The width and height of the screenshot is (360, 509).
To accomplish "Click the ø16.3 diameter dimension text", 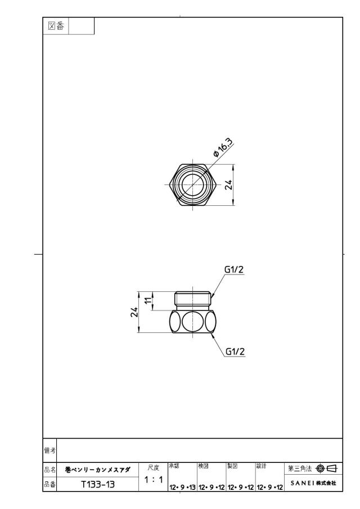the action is [223, 147].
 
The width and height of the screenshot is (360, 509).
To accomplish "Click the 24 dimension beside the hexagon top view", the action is [229, 185].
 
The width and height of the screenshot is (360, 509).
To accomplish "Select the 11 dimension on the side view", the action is [148, 300].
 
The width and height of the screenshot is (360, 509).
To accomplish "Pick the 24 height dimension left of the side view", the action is [134, 312].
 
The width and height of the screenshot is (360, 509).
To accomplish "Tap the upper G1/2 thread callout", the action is [234, 269].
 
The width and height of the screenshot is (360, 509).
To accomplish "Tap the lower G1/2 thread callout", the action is [235, 352].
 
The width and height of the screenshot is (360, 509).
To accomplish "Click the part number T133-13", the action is [98, 485].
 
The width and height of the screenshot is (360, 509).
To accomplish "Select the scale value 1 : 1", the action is [153, 480].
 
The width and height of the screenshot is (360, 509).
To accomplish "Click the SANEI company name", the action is [313, 483].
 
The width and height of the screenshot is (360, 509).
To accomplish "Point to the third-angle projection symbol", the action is [327, 469].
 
